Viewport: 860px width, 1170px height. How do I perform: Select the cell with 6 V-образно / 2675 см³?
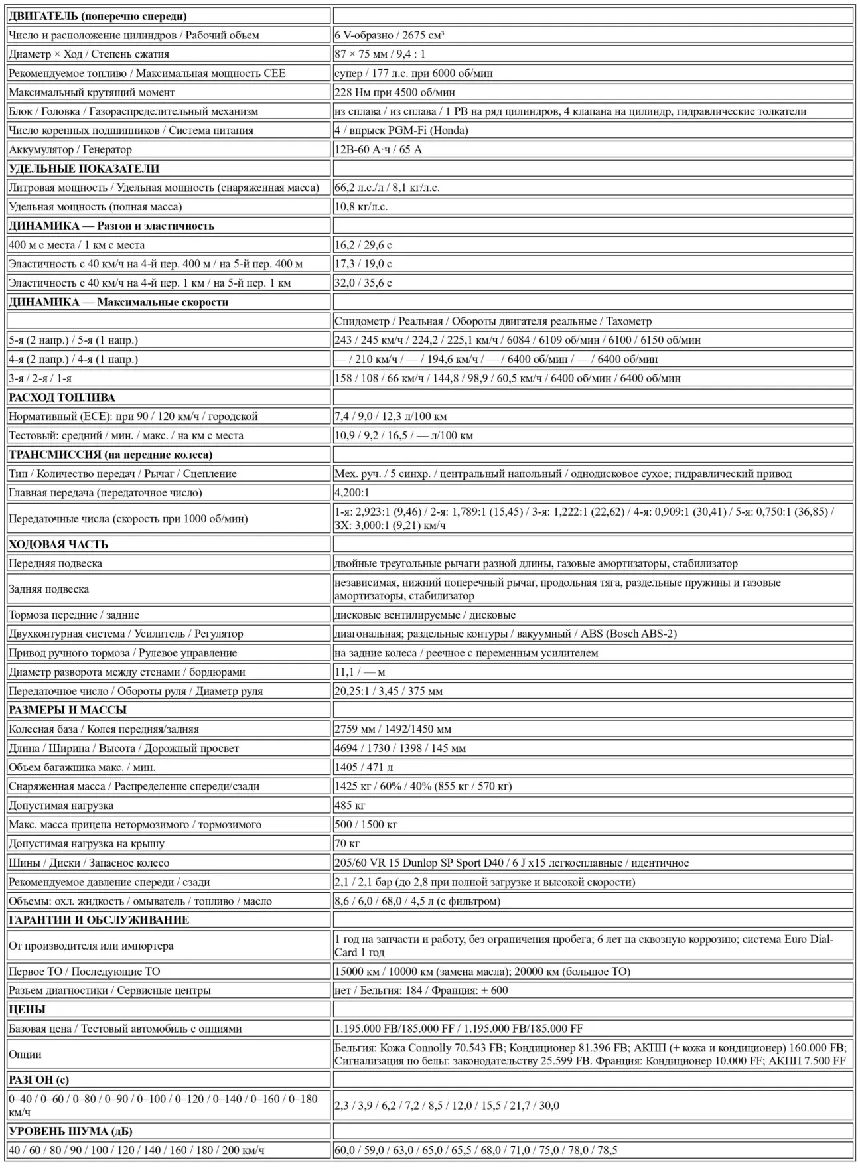pyautogui.click(x=390, y=35)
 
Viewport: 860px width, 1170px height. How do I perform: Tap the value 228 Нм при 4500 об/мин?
pyautogui.click(x=395, y=92)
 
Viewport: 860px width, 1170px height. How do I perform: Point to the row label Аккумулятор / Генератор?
pyautogui.click(x=70, y=149)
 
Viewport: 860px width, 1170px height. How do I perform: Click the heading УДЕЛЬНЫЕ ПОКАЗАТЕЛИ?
pyautogui.click(x=84, y=169)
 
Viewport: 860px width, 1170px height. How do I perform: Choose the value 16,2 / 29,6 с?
pyautogui.click(x=363, y=245)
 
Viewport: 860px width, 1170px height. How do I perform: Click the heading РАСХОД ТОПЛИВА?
pyautogui.click(x=62, y=398)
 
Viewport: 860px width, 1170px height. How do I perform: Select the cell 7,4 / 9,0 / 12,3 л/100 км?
pyautogui.click(x=391, y=417)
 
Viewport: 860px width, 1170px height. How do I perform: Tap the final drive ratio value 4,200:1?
pyautogui.click(x=352, y=492)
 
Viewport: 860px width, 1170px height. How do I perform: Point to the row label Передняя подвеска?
pyautogui.click(x=56, y=563)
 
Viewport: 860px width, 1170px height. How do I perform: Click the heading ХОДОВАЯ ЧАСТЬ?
pyautogui.click(x=58, y=544)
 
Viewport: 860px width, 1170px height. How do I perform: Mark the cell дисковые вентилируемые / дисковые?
pyautogui.click(x=425, y=615)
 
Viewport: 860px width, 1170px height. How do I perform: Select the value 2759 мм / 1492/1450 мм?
pyautogui.click(x=393, y=729)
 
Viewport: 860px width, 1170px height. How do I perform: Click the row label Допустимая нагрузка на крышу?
pyautogui.click(x=87, y=843)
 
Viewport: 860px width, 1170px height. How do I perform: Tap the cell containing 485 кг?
pyautogui.click(x=350, y=806)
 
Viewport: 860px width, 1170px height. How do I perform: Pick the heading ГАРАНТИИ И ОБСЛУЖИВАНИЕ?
pyautogui.click(x=99, y=920)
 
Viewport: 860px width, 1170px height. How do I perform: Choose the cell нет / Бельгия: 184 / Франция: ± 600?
pyautogui.click(x=421, y=990)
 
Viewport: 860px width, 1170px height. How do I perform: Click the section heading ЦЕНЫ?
pyautogui.click(x=27, y=1009)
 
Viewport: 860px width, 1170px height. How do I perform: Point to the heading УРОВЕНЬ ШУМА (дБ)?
pyautogui.click(x=70, y=1132)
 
